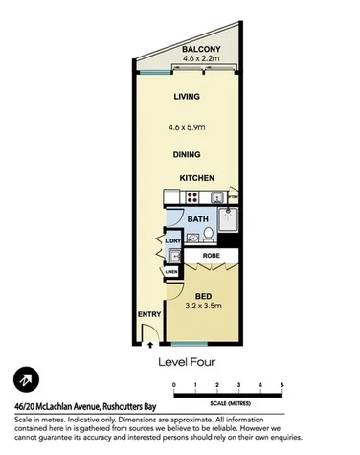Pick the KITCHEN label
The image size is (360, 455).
(195, 179)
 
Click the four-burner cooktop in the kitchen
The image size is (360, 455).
(192, 199)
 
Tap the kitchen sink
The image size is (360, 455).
(219, 199)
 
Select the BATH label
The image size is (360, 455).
(197, 220)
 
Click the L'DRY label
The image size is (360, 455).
(172, 240)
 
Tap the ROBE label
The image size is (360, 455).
(212, 258)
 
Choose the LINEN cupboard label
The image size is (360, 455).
(170, 272)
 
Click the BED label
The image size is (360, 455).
(202, 296)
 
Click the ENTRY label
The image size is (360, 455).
(149, 314)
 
